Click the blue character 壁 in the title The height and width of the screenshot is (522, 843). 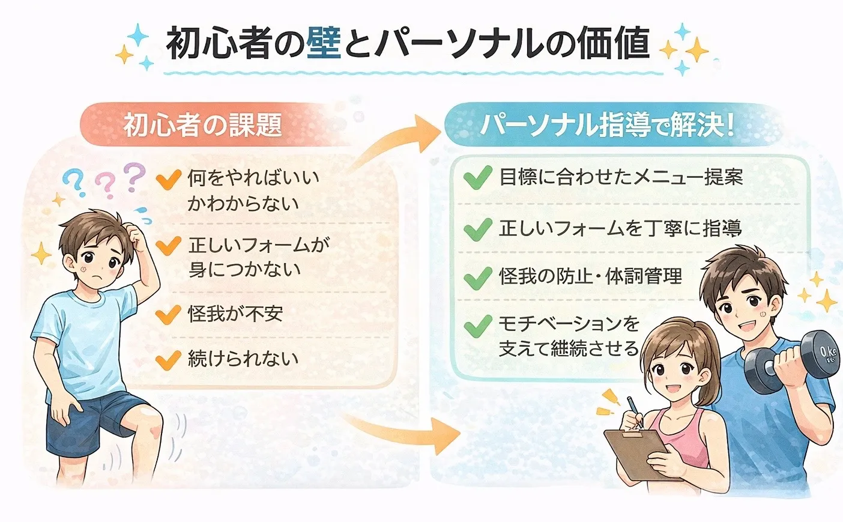point(324,43)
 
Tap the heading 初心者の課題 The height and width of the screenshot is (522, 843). point(202,126)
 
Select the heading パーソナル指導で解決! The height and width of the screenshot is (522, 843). point(606,126)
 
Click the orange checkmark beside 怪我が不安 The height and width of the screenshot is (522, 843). point(168,314)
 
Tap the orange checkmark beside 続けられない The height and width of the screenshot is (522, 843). point(168,359)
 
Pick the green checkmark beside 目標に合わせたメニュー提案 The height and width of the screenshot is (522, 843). point(478,178)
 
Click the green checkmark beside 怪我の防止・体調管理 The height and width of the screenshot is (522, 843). point(478,278)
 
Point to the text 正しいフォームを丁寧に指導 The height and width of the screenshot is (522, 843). point(620,228)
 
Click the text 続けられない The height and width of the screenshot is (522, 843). point(243,359)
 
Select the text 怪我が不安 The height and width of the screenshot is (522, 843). point(235,314)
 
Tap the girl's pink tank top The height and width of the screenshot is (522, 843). point(684,439)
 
